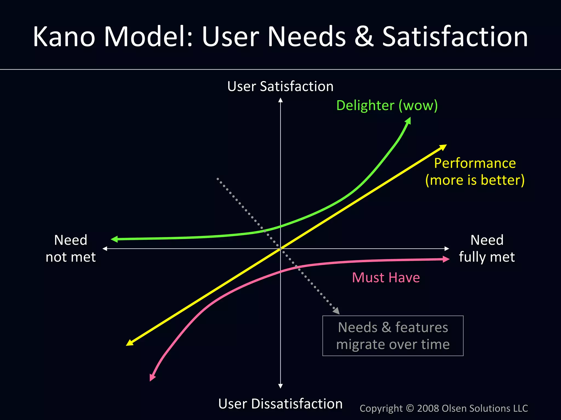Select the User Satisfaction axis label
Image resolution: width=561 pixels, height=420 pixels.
280,87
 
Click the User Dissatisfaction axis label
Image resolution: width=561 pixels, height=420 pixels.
280,404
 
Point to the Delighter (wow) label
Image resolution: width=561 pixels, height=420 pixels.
387,106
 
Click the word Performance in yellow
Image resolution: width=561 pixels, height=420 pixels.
475,163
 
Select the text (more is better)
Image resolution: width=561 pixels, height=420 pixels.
475,180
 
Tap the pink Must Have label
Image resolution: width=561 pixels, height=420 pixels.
386,278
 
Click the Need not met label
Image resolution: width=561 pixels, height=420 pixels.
71,248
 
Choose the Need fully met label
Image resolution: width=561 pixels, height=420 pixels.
487,248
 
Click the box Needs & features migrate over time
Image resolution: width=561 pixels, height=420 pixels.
393,336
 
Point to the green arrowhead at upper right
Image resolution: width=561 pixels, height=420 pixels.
408,121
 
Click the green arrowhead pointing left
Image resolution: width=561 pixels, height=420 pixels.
114,239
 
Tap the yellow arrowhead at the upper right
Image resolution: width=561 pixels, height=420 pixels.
443,147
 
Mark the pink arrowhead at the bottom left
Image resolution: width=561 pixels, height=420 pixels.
152,378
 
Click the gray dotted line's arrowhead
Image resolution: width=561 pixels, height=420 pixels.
336,311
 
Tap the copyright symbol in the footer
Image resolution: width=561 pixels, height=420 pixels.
410,408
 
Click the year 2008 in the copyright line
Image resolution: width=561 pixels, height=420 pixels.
428,408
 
